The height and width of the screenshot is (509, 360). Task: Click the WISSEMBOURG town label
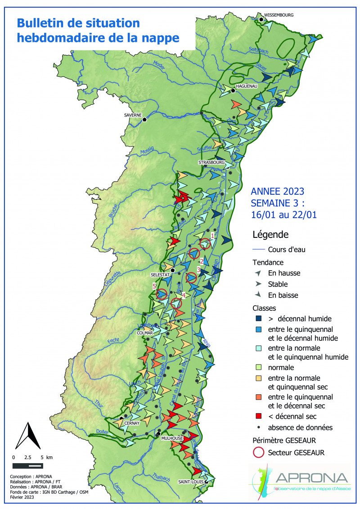[x=279, y=15]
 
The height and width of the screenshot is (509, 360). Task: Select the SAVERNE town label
[x=133, y=115]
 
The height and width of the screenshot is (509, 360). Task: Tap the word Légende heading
[x=270, y=234]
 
